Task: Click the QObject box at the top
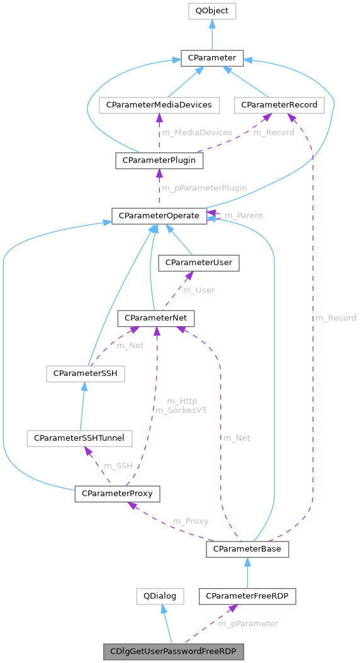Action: pyautogui.click(x=211, y=11)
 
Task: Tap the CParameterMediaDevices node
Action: pyautogui.click(x=159, y=105)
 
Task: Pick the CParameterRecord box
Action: pyautogui.click(x=279, y=105)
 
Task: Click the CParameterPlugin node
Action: pyautogui.click(x=159, y=161)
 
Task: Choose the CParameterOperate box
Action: pyautogui.click(x=159, y=216)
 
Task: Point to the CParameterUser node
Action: pyautogui.click(x=199, y=263)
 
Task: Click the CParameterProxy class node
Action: pyautogui.click(x=117, y=494)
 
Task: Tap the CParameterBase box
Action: pyautogui.click(x=247, y=550)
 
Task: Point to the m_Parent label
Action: pyautogui.click(x=244, y=215)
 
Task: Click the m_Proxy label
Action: pyautogui.click(x=191, y=521)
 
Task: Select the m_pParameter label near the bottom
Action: pyautogui.click(x=248, y=623)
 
